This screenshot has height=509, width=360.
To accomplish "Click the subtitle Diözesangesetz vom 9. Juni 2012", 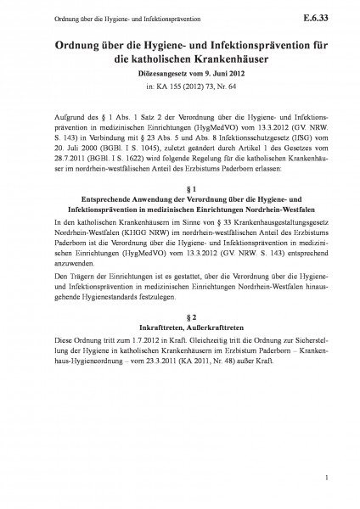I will click(x=179, y=75).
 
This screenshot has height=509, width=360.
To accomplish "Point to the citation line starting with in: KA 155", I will click(x=179, y=87).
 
